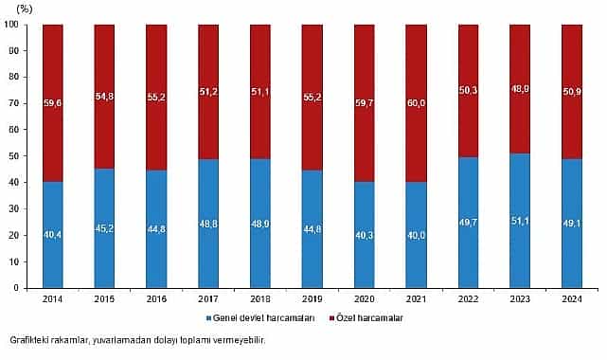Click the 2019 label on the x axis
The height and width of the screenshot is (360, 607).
click(x=312, y=299)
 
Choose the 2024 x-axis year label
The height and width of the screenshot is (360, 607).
click(x=572, y=299)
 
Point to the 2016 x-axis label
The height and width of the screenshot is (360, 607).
click(x=156, y=299)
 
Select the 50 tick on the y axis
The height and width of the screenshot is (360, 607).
click(x=14, y=156)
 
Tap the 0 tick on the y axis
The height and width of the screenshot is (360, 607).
click(x=18, y=287)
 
